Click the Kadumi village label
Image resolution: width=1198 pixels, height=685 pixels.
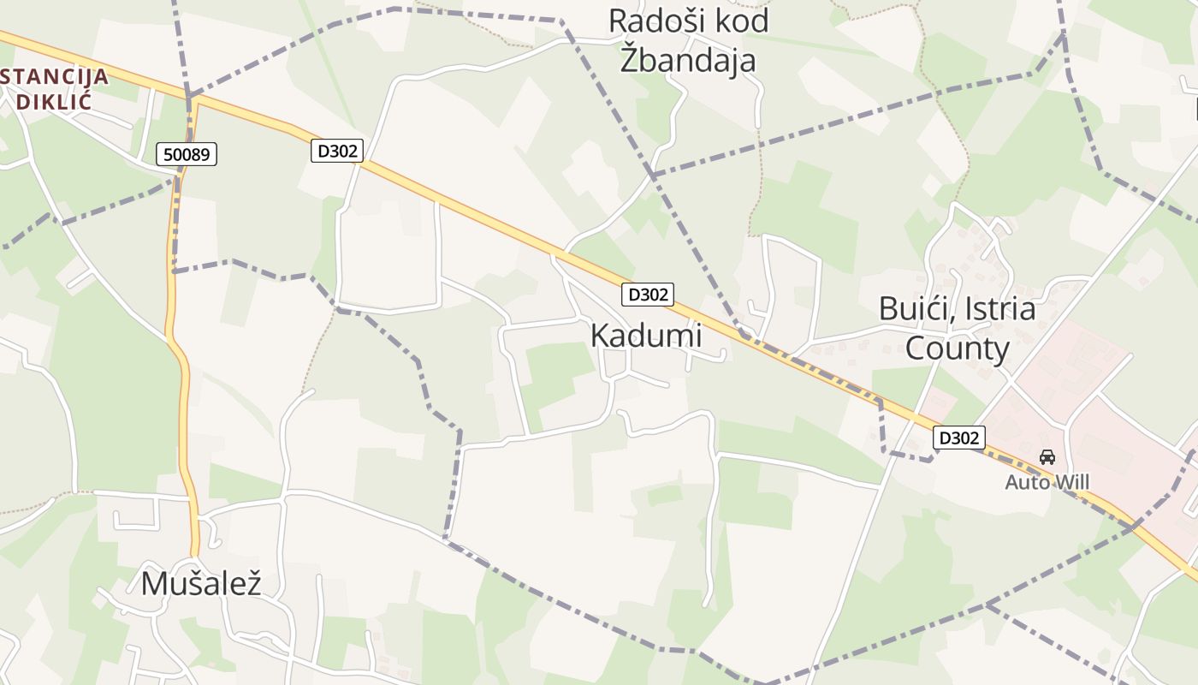coord(646,336)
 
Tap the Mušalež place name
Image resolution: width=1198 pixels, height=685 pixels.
coord(200,583)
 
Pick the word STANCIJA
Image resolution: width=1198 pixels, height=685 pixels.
coord(55,76)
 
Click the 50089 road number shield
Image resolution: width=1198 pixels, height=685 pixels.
coord(187,154)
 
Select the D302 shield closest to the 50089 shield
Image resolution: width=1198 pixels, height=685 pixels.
coord(337,152)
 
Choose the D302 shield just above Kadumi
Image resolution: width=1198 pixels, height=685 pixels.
coord(647,295)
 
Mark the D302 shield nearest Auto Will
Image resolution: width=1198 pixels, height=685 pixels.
coord(958,438)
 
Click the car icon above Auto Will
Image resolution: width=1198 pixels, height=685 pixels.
coord(1047,457)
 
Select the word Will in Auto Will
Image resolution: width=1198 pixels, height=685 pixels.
coord(1070,483)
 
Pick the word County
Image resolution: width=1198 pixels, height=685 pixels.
coord(958,348)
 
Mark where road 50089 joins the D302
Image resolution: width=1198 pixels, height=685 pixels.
coord(193,98)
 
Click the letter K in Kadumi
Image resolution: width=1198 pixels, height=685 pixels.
coord(600,336)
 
